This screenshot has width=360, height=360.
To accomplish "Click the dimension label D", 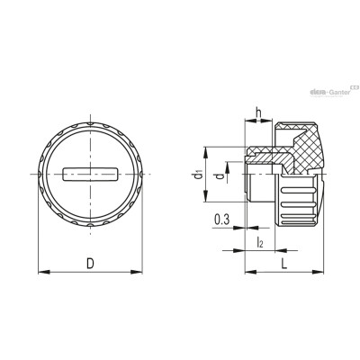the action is pos(90,264).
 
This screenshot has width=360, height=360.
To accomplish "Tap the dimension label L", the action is pos(284,264).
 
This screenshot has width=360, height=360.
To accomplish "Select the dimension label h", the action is pos(258,112).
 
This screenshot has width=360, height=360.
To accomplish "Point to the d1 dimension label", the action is pos(198,175).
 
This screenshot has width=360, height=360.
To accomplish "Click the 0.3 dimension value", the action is pos(222,220).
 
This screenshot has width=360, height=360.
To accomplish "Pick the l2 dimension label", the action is pos(260,242).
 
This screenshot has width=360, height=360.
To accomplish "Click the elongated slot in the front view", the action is pos(90,175).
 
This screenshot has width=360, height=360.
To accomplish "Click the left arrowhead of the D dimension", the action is pos(44,272).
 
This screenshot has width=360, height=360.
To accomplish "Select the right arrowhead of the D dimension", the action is pos(137,272).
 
